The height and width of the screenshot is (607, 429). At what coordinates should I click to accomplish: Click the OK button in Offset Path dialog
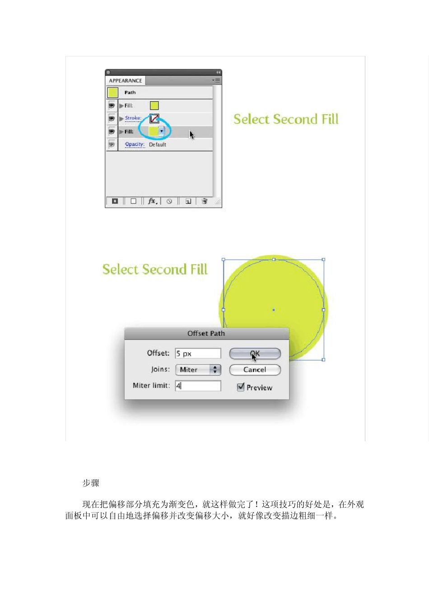click(255, 354)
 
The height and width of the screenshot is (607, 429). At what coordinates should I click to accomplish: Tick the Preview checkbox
click(241, 387)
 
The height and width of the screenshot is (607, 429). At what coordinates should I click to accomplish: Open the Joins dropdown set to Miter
click(198, 369)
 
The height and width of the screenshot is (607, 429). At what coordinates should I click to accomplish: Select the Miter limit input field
click(198, 386)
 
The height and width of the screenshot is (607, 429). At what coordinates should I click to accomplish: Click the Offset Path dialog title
click(206, 333)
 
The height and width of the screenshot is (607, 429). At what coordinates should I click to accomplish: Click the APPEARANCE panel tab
click(126, 80)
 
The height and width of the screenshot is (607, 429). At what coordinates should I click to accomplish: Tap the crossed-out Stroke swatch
click(154, 118)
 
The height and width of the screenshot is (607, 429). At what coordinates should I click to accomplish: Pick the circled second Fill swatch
click(154, 131)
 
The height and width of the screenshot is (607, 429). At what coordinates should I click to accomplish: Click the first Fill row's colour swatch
click(154, 106)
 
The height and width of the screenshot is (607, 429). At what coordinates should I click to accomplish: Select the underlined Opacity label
click(135, 145)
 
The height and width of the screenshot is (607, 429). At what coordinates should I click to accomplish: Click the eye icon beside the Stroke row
click(112, 118)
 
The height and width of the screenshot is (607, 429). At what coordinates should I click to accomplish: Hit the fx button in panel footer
click(152, 201)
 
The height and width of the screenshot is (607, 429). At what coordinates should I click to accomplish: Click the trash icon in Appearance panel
click(205, 201)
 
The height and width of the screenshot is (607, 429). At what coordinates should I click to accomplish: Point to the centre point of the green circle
click(274, 310)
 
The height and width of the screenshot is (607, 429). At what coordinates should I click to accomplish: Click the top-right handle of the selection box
click(323, 260)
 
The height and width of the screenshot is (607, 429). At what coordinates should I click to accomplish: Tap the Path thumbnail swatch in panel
click(113, 93)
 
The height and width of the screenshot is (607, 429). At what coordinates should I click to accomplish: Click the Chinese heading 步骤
click(91, 483)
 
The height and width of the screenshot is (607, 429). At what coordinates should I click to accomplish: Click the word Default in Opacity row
click(158, 145)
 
